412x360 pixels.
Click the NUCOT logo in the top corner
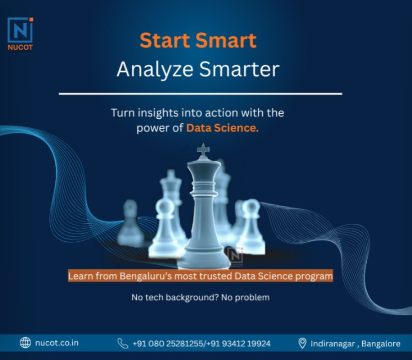[x=20, y=34]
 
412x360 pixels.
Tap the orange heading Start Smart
[x=198, y=40]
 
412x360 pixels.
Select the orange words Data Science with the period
[x=223, y=128]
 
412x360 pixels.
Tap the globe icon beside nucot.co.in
[x=25, y=343]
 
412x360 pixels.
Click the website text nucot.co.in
[x=57, y=343]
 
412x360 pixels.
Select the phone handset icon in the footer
[x=123, y=343]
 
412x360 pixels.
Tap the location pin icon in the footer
[x=302, y=343]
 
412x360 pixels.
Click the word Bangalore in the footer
[x=381, y=344]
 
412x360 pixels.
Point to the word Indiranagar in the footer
[x=332, y=344]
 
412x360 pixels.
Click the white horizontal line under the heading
[x=200, y=94]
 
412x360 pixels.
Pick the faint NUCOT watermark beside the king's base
[x=235, y=257]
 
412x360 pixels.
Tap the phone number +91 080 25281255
[x=168, y=344]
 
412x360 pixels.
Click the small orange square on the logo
[x=31, y=20]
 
